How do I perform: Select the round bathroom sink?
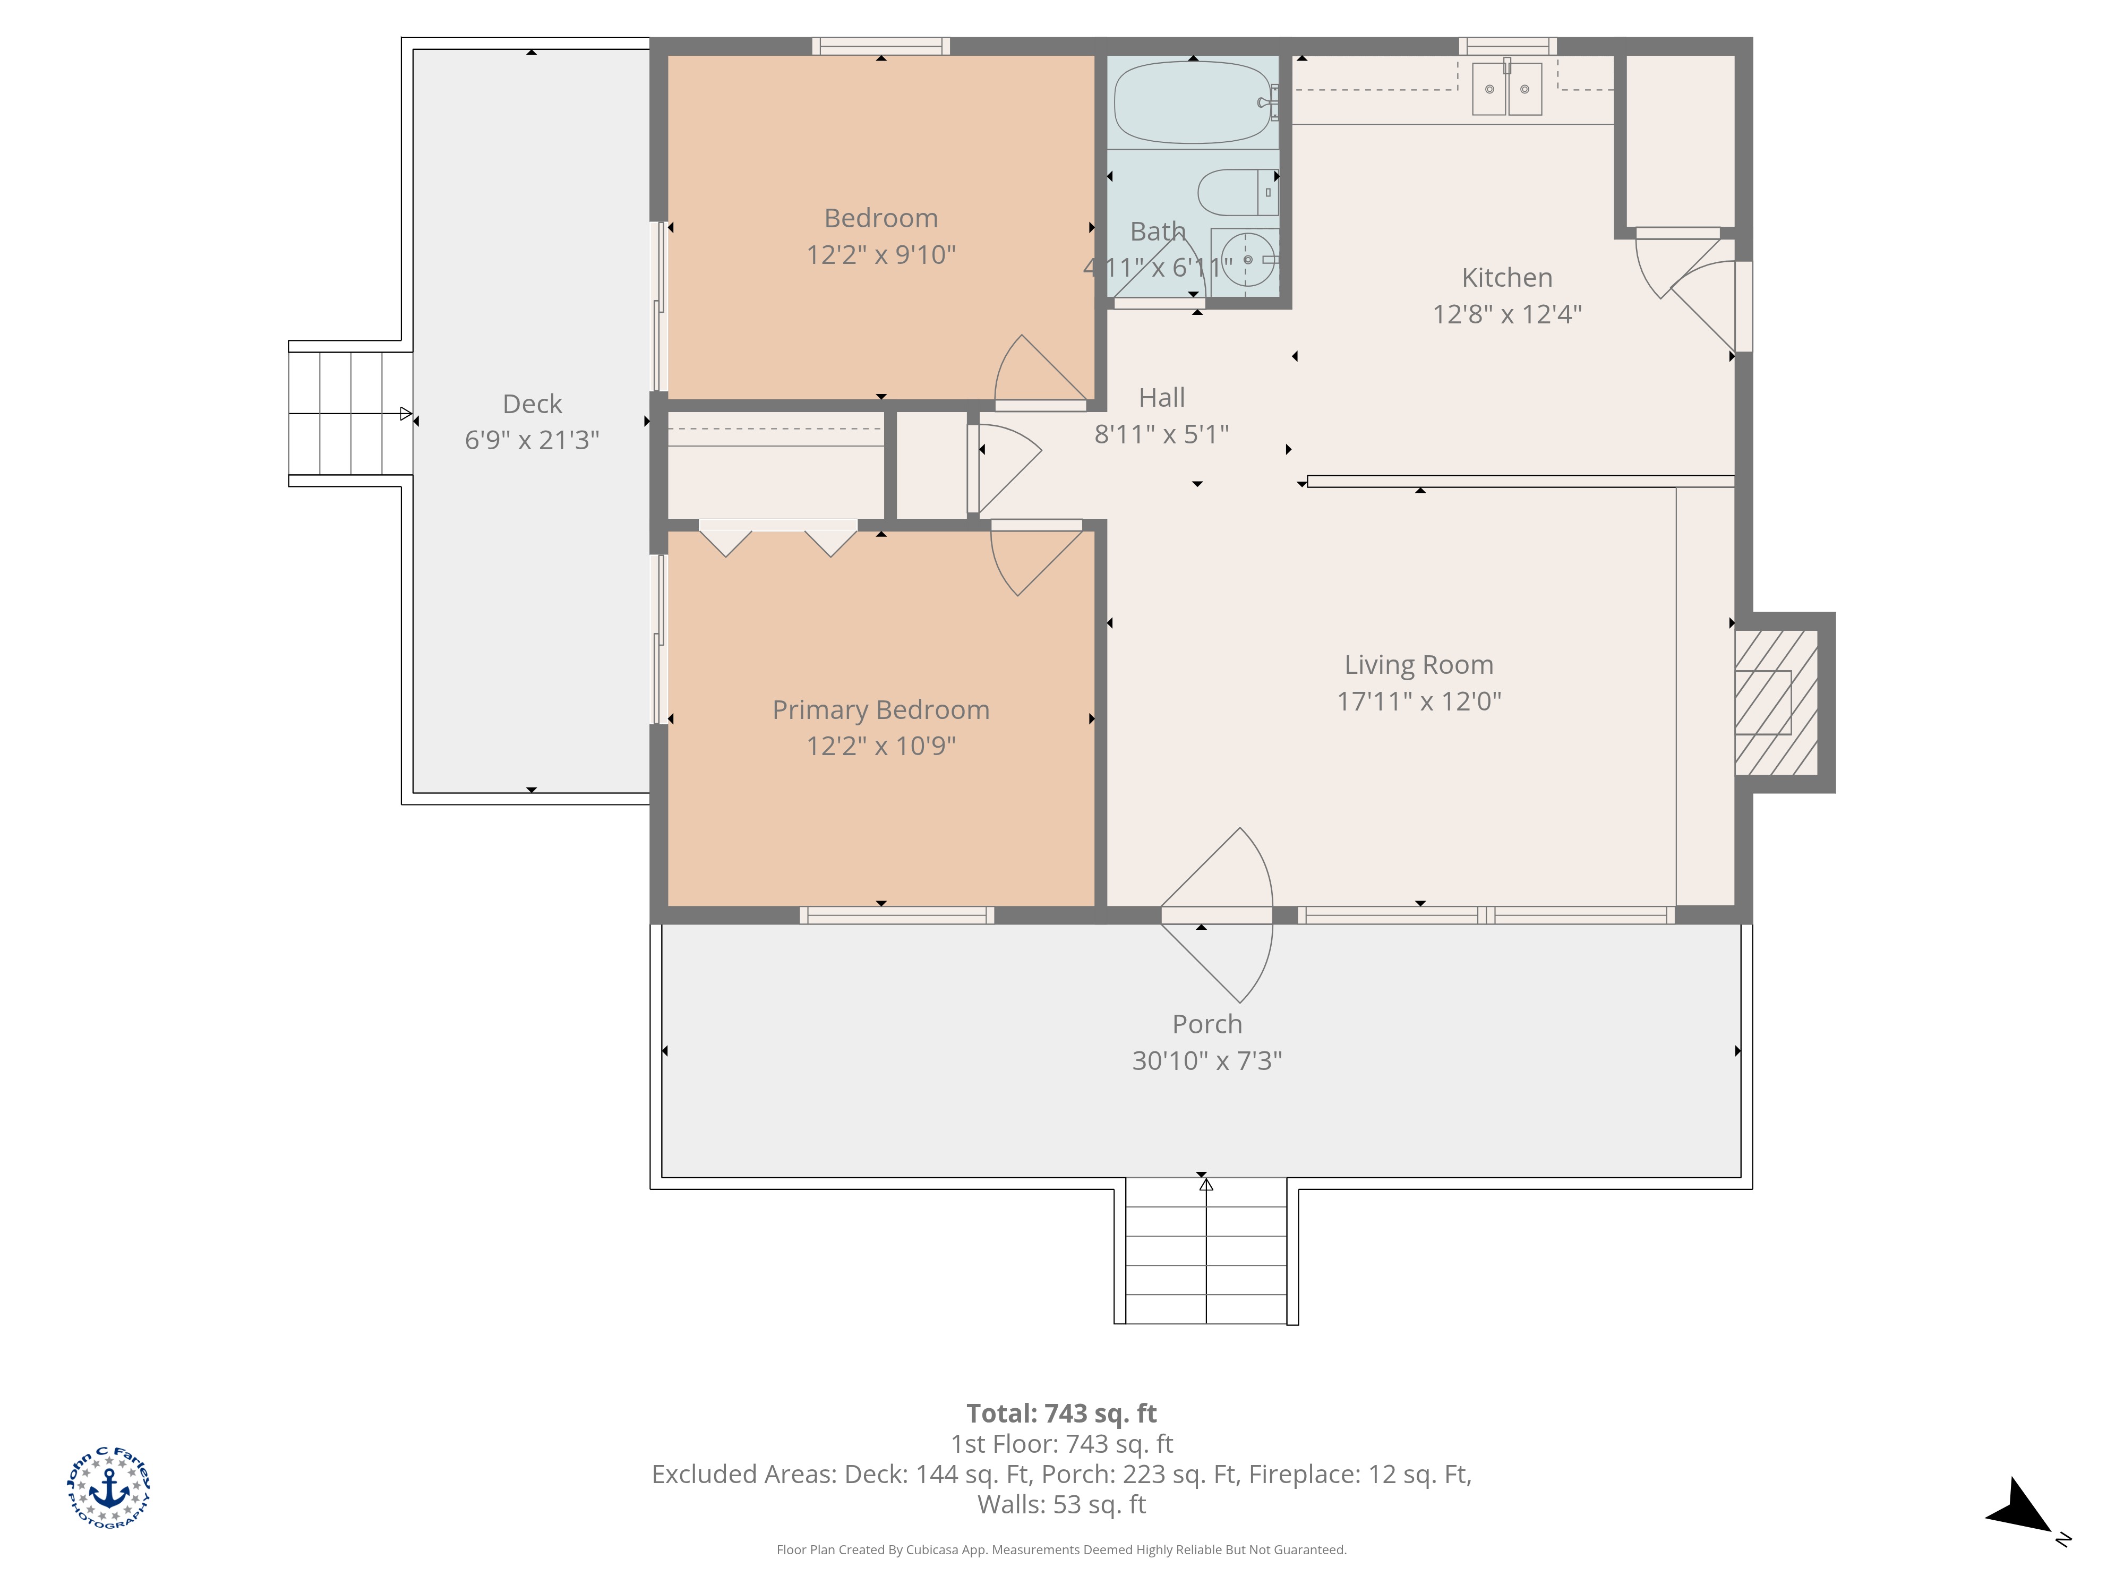tap(1246, 259)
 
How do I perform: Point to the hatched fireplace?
tap(1776, 702)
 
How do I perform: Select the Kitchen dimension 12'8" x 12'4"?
tap(1506, 314)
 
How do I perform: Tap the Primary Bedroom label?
tap(880, 709)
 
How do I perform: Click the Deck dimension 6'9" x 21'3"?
tap(532, 440)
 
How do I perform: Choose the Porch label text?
tap(1207, 1024)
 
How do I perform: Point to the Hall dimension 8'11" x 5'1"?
tap(1162, 434)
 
